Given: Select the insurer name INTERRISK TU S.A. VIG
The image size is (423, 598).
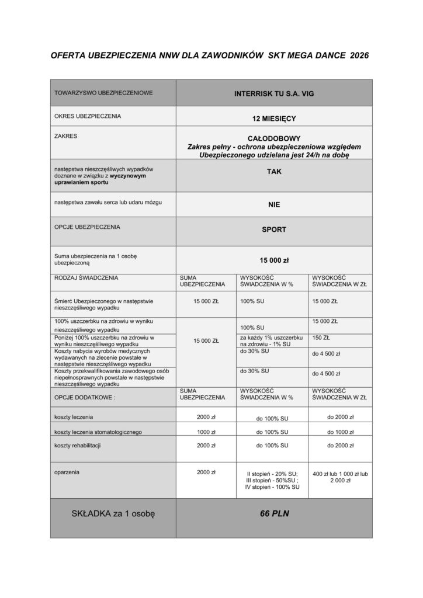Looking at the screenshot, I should tap(273, 93).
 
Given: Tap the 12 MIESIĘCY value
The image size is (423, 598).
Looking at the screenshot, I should tap(273, 119).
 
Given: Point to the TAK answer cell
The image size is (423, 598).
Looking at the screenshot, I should tap(273, 173).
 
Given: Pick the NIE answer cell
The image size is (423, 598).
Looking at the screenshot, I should tap(273, 206).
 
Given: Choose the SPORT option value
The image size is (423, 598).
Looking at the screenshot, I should tap(273, 230).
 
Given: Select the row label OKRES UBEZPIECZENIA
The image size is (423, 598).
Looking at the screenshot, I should tap(87, 116).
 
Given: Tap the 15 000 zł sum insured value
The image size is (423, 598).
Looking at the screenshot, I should tap(273, 260).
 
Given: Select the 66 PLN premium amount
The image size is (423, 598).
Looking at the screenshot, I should tap(273, 514).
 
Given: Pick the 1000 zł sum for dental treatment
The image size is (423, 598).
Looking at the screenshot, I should tap(206, 432).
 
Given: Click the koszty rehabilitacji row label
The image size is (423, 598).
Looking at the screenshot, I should tap(77, 446).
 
